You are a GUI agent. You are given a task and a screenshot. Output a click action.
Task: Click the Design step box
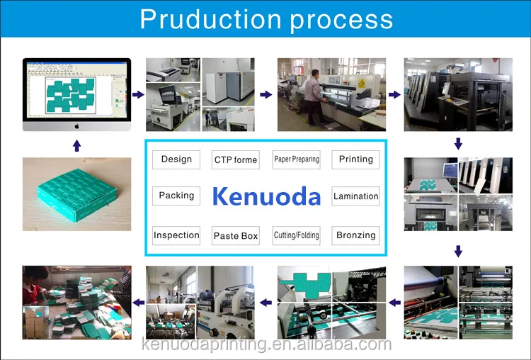click(x=176, y=159)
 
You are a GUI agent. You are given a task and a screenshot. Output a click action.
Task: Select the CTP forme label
click(x=236, y=160)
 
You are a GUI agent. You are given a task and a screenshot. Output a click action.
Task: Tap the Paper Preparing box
click(x=297, y=159)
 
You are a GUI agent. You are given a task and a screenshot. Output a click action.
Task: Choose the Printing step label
click(x=355, y=159)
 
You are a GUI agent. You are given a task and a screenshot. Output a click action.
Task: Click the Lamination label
click(x=355, y=196)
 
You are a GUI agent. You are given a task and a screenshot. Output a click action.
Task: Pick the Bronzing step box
click(x=355, y=235)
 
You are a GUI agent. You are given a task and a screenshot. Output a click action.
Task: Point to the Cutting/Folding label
click(x=297, y=235)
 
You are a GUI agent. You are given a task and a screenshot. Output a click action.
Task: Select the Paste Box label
click(x=236, y=236)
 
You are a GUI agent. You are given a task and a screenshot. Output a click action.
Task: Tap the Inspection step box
click(x=176, y=235)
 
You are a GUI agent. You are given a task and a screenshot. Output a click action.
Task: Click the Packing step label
click(x=176, y=196)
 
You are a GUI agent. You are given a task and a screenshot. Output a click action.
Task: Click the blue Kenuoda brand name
click(x=266, y=196)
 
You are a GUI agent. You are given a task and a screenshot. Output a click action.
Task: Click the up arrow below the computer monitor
click(x=76, y=145)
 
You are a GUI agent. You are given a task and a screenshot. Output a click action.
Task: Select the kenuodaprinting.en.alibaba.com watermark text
click(x=266, y=345)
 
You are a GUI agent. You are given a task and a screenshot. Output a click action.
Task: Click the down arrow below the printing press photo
click(x=459, y=143)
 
